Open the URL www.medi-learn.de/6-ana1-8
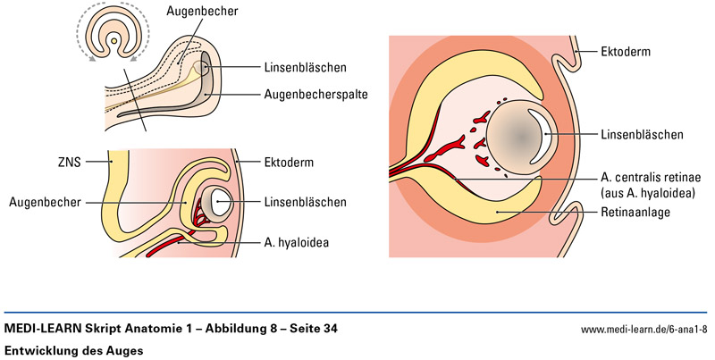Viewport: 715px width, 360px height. [645, 331]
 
